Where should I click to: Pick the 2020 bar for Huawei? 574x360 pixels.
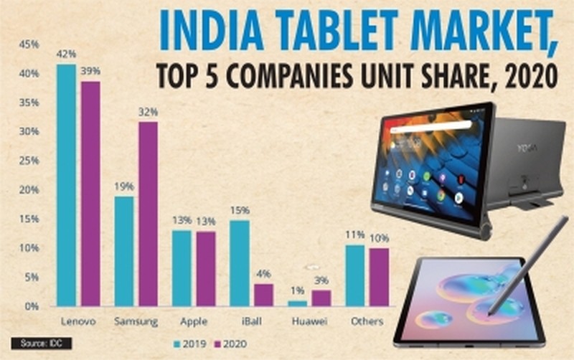point(321,298)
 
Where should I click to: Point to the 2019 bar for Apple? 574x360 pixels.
point(181,268)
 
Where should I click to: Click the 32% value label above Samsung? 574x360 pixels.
point(149,113)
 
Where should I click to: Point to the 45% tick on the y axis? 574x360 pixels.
point(29,44)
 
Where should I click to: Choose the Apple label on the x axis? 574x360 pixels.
point(193,321)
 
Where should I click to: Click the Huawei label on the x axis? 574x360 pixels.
point(309,321)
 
